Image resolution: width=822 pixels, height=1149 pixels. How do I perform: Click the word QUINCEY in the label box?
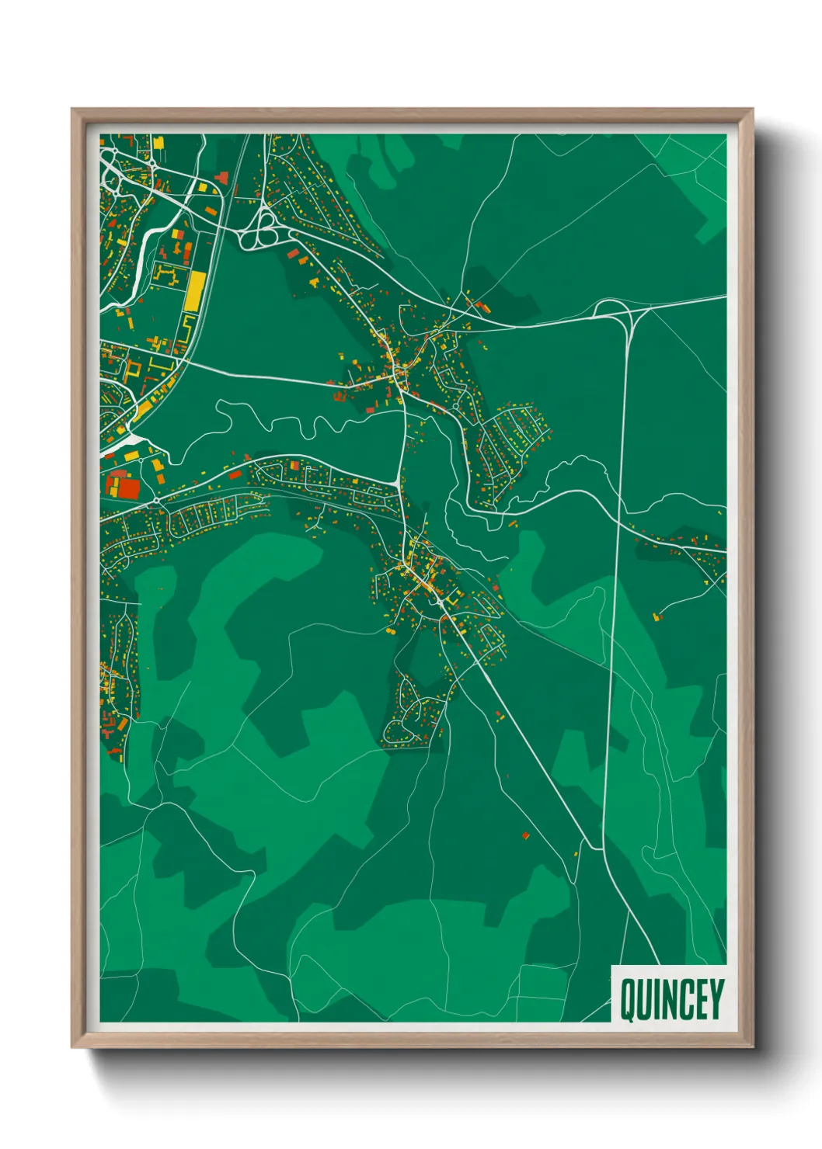pos(672,999)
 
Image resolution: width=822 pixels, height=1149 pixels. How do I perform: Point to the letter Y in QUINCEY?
pos(716,999)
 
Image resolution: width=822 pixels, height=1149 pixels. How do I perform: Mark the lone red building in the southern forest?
pos(525,835)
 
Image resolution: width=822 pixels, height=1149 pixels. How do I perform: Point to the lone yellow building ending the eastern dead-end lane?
pos(657,616)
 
